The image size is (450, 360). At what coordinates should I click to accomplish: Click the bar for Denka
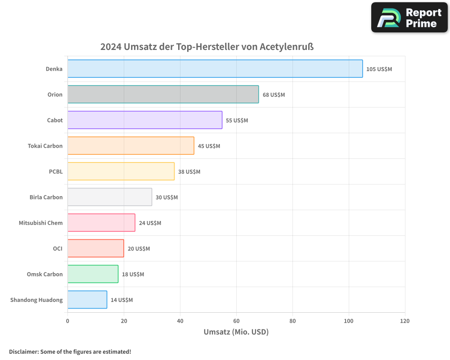215,69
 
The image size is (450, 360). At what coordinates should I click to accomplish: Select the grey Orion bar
163,94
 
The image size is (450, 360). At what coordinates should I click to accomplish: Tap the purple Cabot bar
145,120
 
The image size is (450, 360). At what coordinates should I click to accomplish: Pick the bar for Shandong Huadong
87,300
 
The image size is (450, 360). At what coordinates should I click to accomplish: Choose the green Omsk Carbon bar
93,274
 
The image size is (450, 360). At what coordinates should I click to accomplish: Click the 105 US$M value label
379,69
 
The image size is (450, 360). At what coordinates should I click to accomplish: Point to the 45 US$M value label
209,146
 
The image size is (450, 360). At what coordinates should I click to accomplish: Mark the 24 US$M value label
150,223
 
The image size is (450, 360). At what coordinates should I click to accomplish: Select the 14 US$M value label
121,300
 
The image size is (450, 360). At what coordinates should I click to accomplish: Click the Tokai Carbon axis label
45,146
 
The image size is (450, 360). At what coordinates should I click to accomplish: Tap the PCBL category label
56,171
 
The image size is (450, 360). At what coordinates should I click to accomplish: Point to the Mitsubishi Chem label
40,223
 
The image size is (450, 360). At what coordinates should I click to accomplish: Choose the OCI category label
58,248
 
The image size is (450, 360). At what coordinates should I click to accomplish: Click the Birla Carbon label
46,197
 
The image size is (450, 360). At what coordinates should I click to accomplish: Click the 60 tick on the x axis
236,321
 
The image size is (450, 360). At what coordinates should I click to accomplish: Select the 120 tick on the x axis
405,321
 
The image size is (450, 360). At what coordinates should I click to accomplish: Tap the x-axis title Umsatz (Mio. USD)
236,332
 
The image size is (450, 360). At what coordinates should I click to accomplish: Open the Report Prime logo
409,18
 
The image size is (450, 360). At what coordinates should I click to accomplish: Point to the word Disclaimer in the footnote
23,351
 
